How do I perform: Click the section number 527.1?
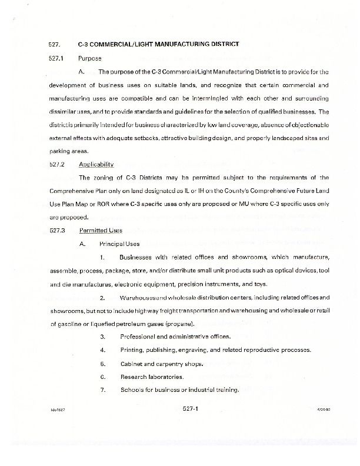coord(56,58)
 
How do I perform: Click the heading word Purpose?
coord(89,58)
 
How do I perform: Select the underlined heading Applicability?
coord(96,164)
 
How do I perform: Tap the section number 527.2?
coord(56,164)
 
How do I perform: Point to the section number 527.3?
coord(56,230)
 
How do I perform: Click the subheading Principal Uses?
coord(115,244)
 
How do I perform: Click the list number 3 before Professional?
coord(102,337)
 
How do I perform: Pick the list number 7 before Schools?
coord(102,390)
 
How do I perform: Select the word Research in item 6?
coord(134,377)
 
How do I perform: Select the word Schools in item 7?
coord(132,390)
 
